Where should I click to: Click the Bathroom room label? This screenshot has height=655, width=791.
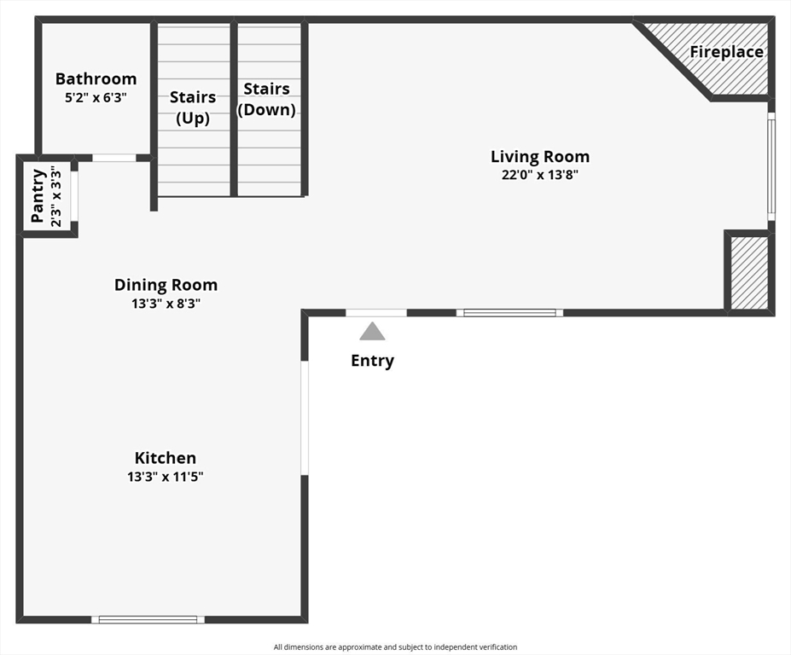pyautogui.click(x=96, y=78)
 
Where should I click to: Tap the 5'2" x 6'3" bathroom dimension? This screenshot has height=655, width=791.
pyautogui.click(x=96, y=97)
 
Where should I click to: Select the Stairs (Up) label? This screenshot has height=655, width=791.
pyautogui.click(x=193, y=107)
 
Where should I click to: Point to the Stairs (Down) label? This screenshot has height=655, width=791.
pyautogui.click(x=266, y=99)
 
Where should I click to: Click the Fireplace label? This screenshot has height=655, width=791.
pyautogui.click(x=726, y=52)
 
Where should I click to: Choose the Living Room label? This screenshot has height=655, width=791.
pyautogui.click(x=540, y=157)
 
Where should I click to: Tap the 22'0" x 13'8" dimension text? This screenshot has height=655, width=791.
pyautogui.click(x=540, y=175)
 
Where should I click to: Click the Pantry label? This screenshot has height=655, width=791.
pyautogui.click(x=38, y=196)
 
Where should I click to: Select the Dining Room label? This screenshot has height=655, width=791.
pyautogui.click(x=166, y=285)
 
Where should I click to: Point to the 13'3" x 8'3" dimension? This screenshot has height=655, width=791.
pyautogui.click(x=166, y=304)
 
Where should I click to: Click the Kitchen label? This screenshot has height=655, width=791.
pyautogui.click(x=165, y=458)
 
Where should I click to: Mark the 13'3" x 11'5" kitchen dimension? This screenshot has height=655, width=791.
pyautogui.click(x=165, y=477)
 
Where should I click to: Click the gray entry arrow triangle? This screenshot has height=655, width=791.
pyautogui.click(x=372, y=333)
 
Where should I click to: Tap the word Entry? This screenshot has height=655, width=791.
pyautogui.click(x=372, y=361)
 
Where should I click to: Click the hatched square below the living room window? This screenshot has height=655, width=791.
pyautogui.click(x=749, y=273)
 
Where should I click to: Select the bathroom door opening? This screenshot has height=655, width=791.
pyautogui.click(x=114, y=158)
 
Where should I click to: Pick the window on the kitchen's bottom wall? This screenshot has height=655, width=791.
pyautogui.click(x=148, y=619)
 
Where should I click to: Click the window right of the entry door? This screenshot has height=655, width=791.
pyautogui.click(x=509, y=313)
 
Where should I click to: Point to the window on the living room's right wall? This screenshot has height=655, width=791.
pyautogui.click(x=771, y=166)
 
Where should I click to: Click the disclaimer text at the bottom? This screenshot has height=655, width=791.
pyautogui.click(x=395, y=647)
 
